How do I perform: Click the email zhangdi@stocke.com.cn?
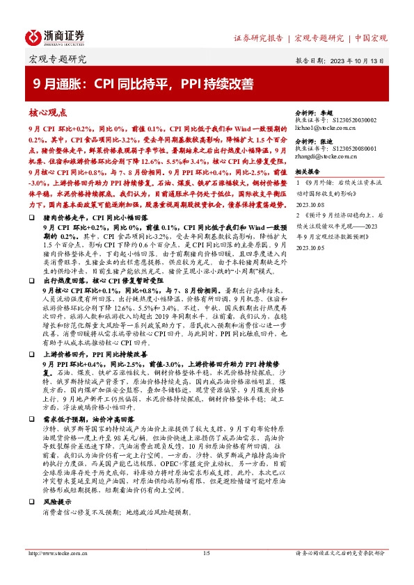tap(326, 158)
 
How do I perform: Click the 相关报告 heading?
tap(308, 171)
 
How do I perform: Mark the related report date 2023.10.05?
tap(310, 245)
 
